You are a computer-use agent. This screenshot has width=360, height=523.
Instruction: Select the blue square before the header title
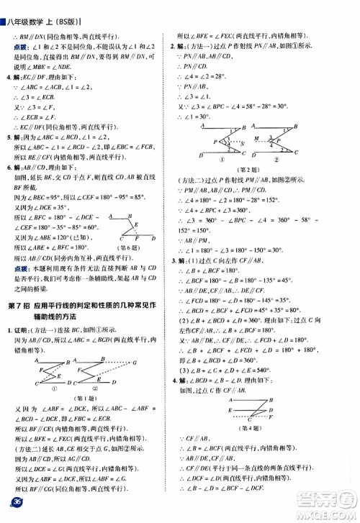[3, 6]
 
